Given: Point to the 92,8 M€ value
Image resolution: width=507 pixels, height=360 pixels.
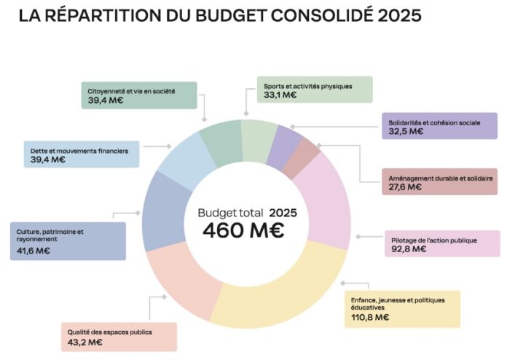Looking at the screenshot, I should [409, 249].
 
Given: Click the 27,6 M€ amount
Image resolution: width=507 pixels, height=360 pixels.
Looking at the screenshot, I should [404, 187].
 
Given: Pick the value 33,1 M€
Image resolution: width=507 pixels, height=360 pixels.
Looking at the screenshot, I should [280, 95].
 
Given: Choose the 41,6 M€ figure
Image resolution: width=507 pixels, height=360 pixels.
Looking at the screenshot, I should [34, 250].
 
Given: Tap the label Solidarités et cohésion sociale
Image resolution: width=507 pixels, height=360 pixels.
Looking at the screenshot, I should [434, 122].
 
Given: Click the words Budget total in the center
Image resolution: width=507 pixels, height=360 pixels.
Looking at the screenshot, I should [230, 213].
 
